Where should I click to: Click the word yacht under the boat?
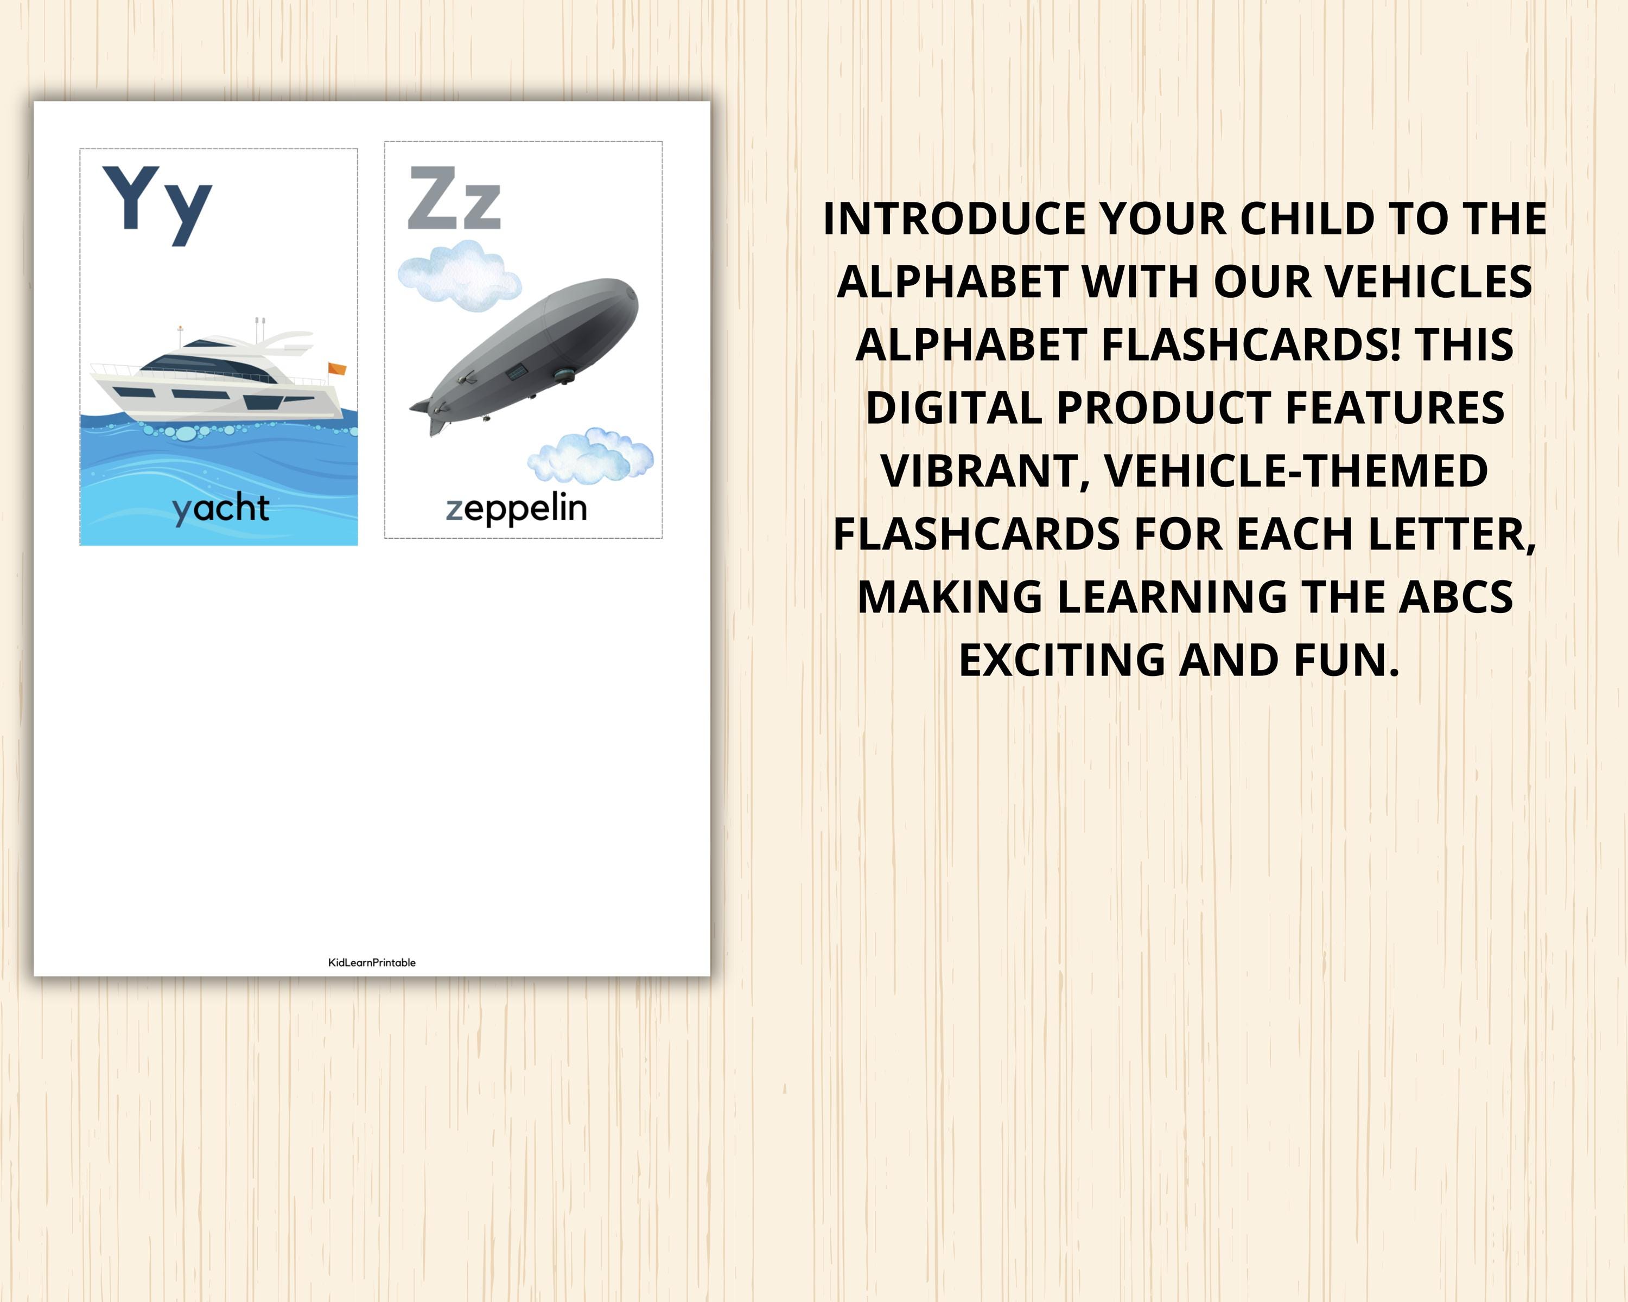(220, 509)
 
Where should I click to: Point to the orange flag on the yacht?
(337, 368)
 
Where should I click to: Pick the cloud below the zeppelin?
(590, 456)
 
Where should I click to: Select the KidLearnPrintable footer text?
(372, 962)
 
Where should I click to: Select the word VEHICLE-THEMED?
(1296, 471)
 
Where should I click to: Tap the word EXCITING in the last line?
(1063, 660)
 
